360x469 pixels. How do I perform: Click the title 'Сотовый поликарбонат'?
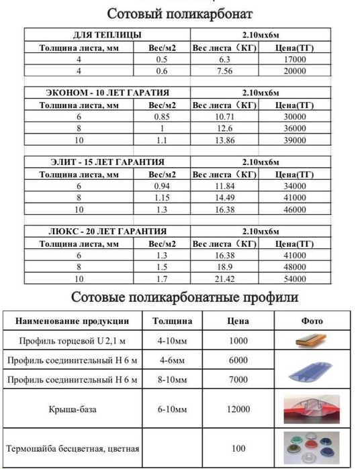(x=180, y=13)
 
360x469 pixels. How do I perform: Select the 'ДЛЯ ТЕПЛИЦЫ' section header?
(x=107, y=35)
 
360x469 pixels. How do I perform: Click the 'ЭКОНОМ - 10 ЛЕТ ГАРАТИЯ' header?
(x=107, y=93)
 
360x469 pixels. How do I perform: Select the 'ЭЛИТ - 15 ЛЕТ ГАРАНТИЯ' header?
(x=107, y=162)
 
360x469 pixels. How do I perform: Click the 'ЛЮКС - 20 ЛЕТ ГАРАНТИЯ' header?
(x=107, y=231)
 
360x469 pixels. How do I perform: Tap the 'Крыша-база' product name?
(x=74, y=409)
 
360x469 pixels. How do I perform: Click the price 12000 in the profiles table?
(x=238, y=409)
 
